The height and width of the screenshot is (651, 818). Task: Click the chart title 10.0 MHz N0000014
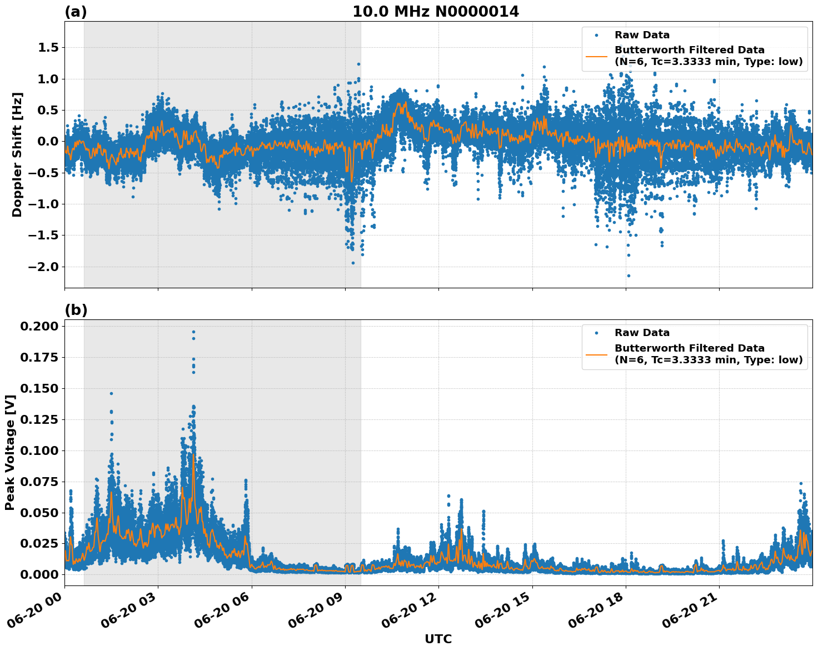[x=436, y=12]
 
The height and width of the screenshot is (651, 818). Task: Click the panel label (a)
[x=76, y=12]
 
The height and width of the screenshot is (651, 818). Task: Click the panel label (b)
[x=76, y=310]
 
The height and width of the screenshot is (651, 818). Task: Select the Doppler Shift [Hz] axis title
[x=17, y=154]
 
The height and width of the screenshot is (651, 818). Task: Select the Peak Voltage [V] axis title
[x=9, y=452]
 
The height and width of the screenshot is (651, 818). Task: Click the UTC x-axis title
[x=438, y=639]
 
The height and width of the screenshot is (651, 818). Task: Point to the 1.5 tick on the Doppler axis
[x=48, y=48]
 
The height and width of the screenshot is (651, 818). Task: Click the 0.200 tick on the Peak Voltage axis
[x=39, y=326]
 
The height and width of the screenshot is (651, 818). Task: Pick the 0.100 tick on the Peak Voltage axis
[x=39, y=450]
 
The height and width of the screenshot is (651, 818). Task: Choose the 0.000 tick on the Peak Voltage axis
[x=39, y=574]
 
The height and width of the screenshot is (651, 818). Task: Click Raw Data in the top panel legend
[x=642, y=35]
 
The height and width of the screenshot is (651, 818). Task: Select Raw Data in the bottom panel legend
[x=642, y=333]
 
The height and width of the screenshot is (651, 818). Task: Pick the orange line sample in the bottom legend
[x=596, y=354]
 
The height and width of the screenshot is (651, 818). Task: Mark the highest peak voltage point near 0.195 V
[x=193, y=332]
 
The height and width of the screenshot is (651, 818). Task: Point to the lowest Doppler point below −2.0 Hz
[x=629, y=276]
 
